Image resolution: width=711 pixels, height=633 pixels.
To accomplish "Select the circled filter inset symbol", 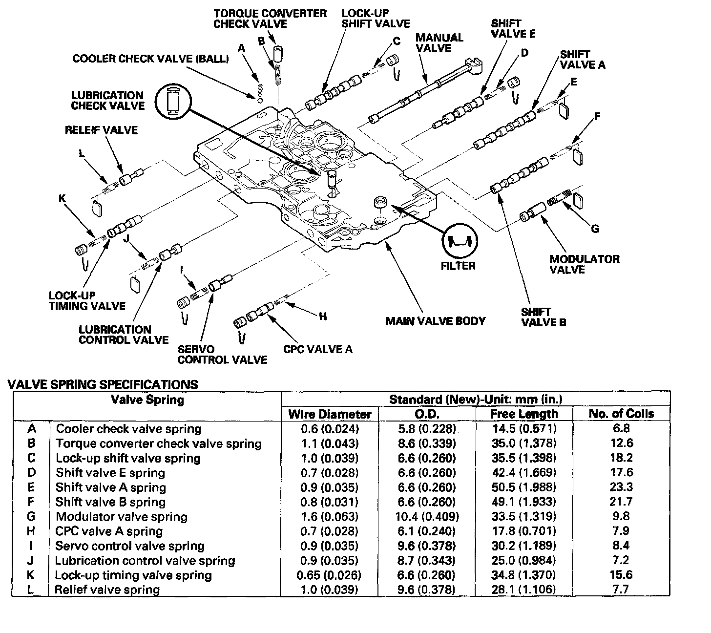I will [x=460, y=241].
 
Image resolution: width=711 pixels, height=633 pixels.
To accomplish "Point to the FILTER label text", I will [x=458, y=266].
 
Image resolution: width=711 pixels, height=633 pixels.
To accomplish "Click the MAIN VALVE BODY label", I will [x=435, y=321].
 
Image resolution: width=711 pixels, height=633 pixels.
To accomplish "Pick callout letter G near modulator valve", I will [x=595, y=229].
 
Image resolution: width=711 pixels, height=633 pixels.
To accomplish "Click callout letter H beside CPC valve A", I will [x=322, y=316].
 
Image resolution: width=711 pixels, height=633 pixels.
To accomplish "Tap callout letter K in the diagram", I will [x=62, y=199].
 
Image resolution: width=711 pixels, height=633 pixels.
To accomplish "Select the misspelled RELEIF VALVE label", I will [x=101, y=130].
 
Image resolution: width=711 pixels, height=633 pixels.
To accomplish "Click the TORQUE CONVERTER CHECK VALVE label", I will [x=270, y=19].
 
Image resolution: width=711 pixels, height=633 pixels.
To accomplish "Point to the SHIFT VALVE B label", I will [x=544, y=317].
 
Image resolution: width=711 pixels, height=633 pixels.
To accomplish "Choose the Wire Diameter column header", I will [x=330, y=414].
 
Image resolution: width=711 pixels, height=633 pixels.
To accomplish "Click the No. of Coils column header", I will [x=621, y=414].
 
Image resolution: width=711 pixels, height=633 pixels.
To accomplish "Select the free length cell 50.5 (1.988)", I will [x=523, y=487].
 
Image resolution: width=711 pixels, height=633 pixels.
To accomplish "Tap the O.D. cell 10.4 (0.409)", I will [x=427, y=517].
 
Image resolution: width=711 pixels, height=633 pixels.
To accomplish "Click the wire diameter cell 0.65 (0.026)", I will [x=329, y=575].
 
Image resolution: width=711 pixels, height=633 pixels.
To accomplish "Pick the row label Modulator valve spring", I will [x=122, y=517].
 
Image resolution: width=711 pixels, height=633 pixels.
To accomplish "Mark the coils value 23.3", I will [x=621, y=487].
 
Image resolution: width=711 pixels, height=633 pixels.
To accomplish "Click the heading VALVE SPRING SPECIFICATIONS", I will [x=103, y=384].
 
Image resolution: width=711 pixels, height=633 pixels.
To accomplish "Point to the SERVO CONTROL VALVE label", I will [x=222, y=355].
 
